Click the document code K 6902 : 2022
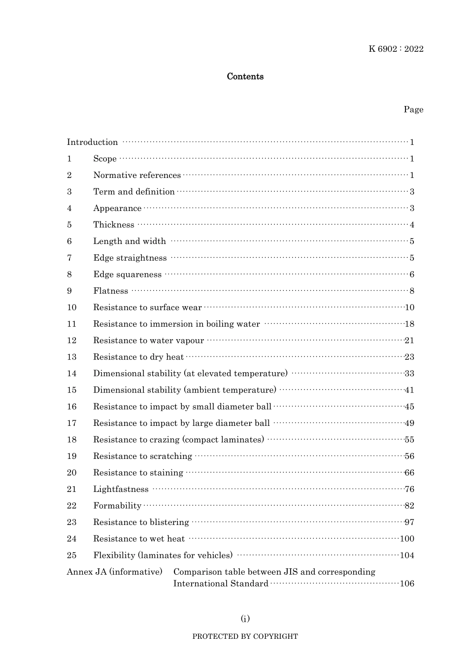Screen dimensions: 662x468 396,49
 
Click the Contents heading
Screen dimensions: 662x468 245,76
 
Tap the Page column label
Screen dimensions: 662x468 413,109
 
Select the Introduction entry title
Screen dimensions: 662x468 93,142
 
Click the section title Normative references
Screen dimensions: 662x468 137,175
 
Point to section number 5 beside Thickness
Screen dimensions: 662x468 69,225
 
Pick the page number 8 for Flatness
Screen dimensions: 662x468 412,291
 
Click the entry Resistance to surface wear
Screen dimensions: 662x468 147,308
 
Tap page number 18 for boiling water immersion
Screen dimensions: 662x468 409,324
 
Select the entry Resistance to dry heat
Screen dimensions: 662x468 138,357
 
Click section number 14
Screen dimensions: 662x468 72,374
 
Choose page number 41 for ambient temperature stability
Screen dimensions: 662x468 409,390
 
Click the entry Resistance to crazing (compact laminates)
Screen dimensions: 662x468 178,440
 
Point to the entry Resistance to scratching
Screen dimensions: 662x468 142,456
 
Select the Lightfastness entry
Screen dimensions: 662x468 121,489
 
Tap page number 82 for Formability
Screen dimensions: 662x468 409,506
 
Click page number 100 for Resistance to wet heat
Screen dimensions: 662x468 407,539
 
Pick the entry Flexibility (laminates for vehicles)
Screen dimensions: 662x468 163,555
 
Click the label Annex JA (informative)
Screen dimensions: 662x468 114,572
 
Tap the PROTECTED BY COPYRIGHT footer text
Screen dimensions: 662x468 245,636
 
